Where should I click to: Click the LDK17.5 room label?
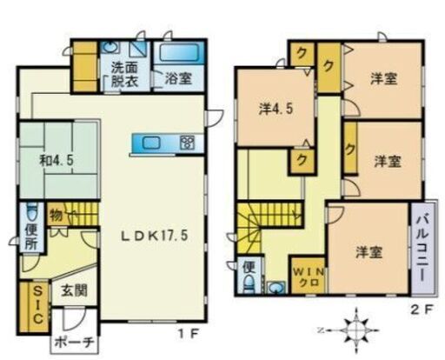pos(155,236)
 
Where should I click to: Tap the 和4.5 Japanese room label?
pos(56,160)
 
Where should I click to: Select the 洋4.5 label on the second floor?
pos(276,109)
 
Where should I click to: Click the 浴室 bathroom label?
pos(178,78)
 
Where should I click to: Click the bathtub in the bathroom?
pos(179,52)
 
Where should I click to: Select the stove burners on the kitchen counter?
pos(187,143)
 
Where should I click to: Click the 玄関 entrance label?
pos(74,290)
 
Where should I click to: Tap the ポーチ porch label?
pos(75,343)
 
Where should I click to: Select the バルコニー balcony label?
pos(423,248)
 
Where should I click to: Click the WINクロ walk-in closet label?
pos(309,277)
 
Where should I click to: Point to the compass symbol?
pos(355,330)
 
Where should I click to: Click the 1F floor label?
pos(188,335)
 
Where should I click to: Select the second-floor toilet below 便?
pos(249,283)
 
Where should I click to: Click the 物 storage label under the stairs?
pos(56,216)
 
